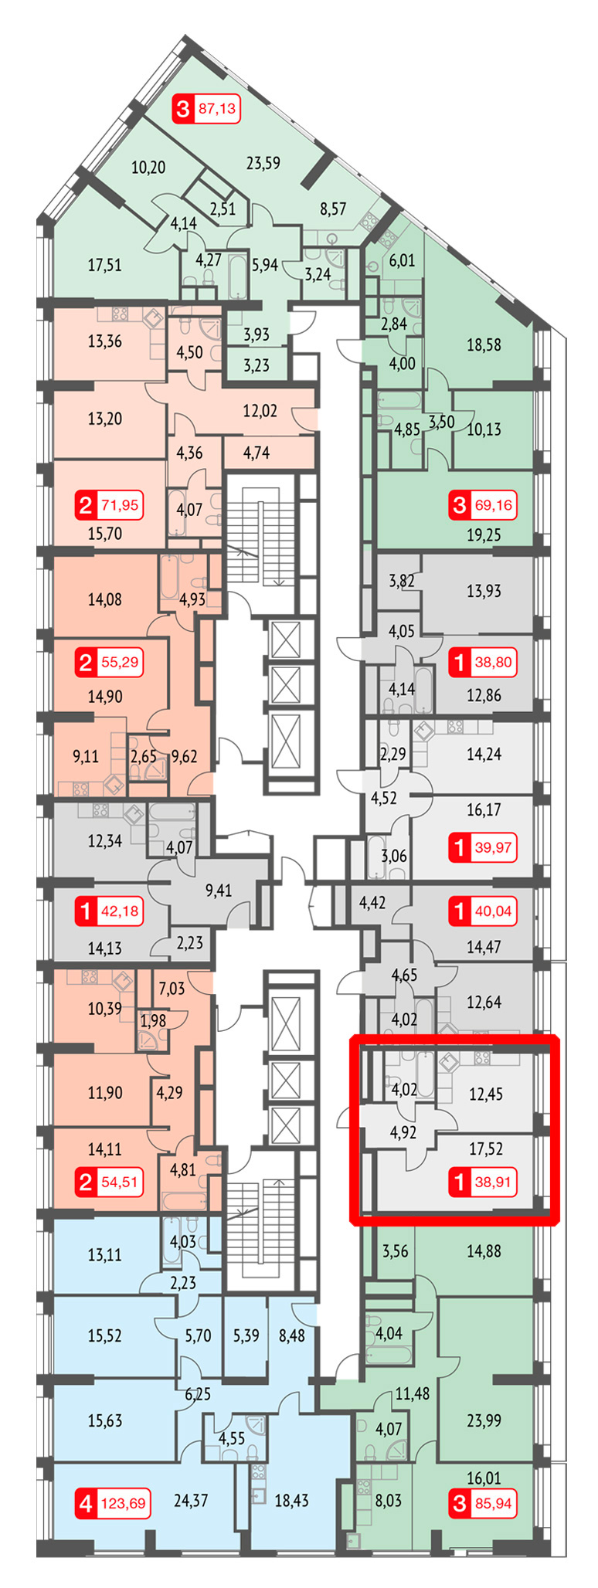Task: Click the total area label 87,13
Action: pyautogui.click(x=217, y=108)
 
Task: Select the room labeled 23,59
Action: pyautogui.click(x=263, y=163)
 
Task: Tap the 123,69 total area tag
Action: pyautogui.click(x=123, y=1504)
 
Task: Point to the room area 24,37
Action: pyautogui.click(x=191, y=1501)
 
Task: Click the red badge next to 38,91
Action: pyautogui.click(x=460, y=1182)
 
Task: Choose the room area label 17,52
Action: pyautogui.click(x=485, y=1149)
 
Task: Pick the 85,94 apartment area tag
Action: pyautogui.click(x=494, y=1504)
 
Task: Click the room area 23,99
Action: pyautogui.click(x=484, y=1420)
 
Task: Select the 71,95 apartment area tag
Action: pyautogui.click(x=120, y=506)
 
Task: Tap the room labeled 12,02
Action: pyautogui.click(x=260, y=411)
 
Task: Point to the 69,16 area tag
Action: pyautogui.click(x=494, y=506)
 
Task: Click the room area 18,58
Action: pyautogui.click(x=484, y=344)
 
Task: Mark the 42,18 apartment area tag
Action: pyautogui.click(x=120, y=911)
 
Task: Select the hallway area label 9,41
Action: pyautogui.click(x=218, y=891)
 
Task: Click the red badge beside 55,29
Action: pyautogui.click(x=86, y=662)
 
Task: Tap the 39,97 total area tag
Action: pyautogui.click(x=494, y=847)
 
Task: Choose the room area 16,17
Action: pyautogui.click(x=484, y=809)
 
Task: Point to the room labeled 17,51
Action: pyautogui.click(x=104, y=265)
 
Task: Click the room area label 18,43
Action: pyautogui.click(x=291, y=1501)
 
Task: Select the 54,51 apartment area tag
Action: pyautogui.click(x=120, y=1182)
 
